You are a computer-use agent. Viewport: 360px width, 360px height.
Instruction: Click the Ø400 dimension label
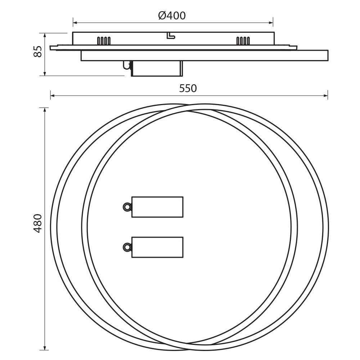pos(172,15)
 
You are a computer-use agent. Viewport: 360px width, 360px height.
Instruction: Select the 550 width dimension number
pos(188,89)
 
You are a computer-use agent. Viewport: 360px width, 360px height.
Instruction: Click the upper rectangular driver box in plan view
pos(157,207)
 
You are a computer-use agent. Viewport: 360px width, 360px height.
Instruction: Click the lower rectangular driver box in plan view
pos(157,247)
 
